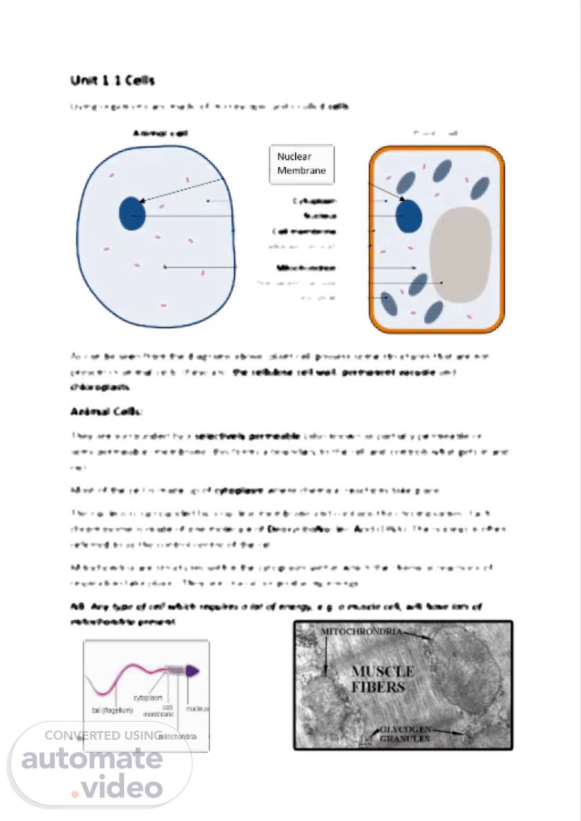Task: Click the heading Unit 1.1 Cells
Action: (112, 81)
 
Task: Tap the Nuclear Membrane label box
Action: (301, 164)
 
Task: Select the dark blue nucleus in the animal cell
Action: (132, 214)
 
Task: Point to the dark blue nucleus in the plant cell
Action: (409, 216)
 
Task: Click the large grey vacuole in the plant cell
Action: (460, 254)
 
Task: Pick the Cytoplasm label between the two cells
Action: (315, 201)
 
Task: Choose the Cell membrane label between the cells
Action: (304, 232)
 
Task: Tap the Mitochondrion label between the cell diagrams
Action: (306, 268)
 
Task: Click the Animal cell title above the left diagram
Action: (160, 133)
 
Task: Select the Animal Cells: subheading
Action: (106, 412)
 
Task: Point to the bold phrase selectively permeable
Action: (247, 436)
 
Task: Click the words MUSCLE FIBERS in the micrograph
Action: (382, 679)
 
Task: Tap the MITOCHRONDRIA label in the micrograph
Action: (361, 631)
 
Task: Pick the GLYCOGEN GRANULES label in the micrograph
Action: (405, 734)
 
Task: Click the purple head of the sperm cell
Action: (193, 670)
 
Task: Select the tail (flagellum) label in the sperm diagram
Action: (112, 711)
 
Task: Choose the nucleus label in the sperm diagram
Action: (197, 709)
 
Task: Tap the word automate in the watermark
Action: (92, 758)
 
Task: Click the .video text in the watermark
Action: (117, 787)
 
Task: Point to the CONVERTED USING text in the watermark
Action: (103, 735)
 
